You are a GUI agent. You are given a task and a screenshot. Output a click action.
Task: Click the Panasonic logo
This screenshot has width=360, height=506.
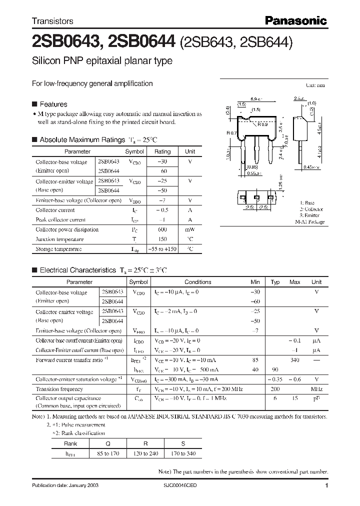(x=295, y=21)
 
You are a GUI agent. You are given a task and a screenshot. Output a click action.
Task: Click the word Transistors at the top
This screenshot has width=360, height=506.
(x=52, y=21)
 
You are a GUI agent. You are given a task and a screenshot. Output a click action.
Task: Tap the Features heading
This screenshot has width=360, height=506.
(x=53, y=104)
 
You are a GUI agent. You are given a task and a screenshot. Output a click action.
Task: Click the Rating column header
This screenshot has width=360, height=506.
(x=162, y=151)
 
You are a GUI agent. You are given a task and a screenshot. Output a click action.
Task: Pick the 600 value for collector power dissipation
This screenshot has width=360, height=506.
(x=162, y=229)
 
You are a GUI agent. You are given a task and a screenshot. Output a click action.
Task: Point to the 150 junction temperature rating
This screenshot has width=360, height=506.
(x=162, y=239)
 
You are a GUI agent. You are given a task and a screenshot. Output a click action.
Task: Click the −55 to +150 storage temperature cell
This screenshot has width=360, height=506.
(x=162, y=249)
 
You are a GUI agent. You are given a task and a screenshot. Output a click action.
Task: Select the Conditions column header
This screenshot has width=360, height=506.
(x=198, y=282)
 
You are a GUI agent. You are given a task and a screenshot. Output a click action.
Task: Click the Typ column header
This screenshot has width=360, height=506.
(x=275, y=282)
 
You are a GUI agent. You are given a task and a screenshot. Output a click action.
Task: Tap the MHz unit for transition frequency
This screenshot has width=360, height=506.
(x=316, y=389)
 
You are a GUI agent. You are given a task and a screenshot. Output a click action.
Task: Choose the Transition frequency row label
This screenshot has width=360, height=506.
(x=59, y=389)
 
